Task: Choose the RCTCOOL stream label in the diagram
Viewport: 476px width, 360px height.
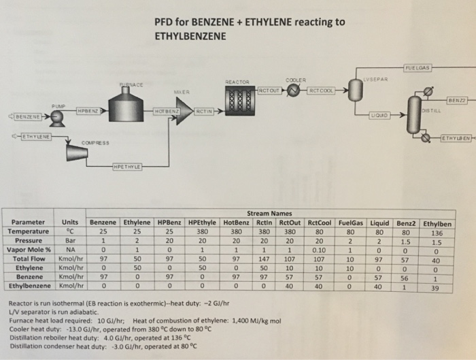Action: click(x=322, y=88)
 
